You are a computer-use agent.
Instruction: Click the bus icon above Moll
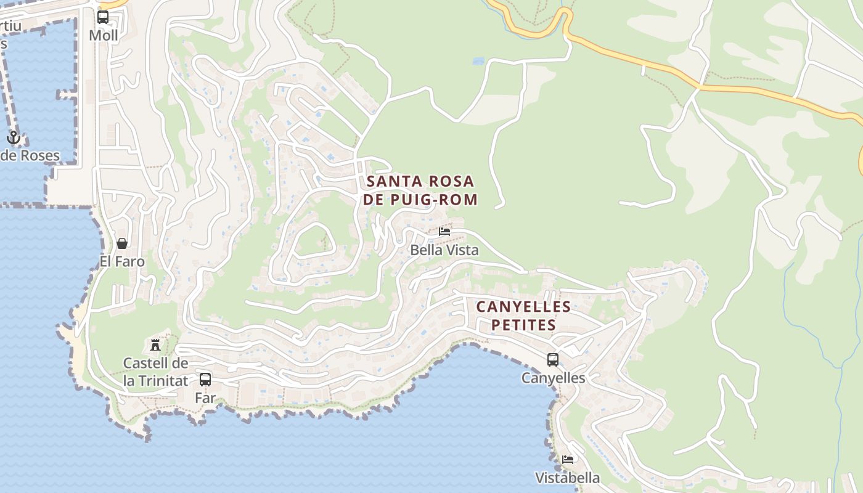click(x=103, y=17)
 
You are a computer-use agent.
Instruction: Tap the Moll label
click(x=103, y=35)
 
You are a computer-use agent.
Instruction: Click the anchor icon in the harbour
click(x=14, y=137)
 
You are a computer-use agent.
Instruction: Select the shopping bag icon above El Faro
click(x=121, y=243)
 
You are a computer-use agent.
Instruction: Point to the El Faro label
click(x=122, y=261)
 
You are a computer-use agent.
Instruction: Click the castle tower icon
click(x=155, y=344)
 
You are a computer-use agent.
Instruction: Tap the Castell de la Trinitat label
click(x=155, y=372)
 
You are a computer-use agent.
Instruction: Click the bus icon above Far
click(x=205, y=380)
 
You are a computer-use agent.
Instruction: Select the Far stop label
click(x=205, y=398)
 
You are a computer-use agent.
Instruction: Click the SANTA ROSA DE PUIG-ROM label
click(x=420, y=190)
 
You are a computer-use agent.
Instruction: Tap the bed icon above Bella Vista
click(x=444, y=232)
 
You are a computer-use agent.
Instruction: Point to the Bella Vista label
click(x=444, y=250)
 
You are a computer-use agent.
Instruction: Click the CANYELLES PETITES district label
click(x=523, y=316)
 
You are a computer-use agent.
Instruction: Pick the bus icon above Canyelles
click(x=553, y=359)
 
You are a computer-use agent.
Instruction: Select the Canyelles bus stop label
click(x=553, y=378)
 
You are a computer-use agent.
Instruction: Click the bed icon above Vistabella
click(x=568, y=460)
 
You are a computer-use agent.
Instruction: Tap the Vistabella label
click(x=567, y=478)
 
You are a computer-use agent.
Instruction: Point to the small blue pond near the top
click(x=478, y=62)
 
